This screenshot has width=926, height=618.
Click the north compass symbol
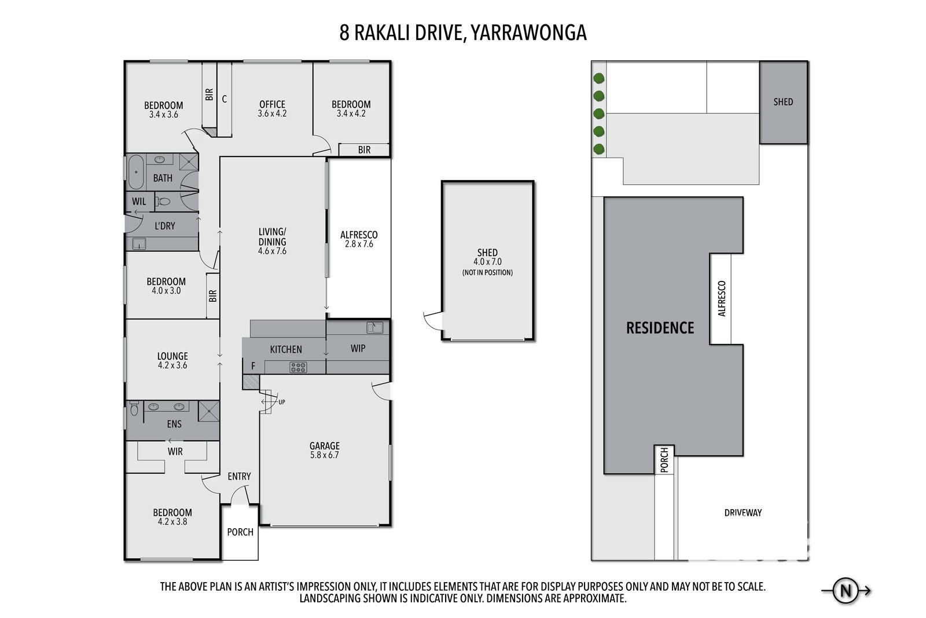click(846, 591)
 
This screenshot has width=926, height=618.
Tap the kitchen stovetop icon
click(298, 367)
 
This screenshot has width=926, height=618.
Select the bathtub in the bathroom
click(136, 171)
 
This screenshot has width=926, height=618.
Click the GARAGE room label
click(325, 446)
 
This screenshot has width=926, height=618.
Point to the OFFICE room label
click(273, 104)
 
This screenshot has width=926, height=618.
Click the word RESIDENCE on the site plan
click(660, 328)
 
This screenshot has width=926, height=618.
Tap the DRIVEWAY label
click(743, 513)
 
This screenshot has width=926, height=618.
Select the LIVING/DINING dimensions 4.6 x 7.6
click(273, 251)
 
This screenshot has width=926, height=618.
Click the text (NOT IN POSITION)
click(487, 273)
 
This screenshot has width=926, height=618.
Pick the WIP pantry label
click(358, 348)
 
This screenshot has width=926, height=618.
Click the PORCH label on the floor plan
click(240, 532)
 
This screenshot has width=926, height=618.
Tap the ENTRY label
click(239, 477)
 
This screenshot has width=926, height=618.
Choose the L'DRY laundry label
click(165, 226)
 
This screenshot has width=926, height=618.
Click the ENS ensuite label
click(174, 424)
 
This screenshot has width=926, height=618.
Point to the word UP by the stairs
click(281, 402)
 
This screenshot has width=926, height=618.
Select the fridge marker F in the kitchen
click(253, 366)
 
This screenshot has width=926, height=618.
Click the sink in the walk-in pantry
click(374, 328)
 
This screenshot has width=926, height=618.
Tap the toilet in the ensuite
click(134, 408)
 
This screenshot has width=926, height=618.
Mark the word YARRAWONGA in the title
click(529, 33)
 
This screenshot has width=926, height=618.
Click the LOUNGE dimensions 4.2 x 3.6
click(172, 365)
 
